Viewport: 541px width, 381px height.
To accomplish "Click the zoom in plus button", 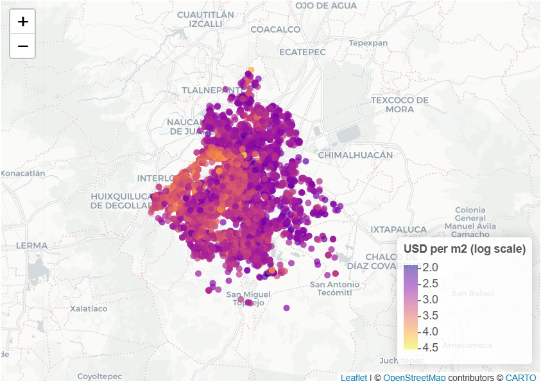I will click(x=22, y=22).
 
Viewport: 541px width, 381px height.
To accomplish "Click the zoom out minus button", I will click(x=22, y=46).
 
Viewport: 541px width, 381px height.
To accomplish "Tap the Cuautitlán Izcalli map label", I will click(x=205, y=19).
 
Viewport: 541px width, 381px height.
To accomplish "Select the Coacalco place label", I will click(x=275, y=30).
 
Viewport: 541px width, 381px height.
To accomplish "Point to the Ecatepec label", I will click(x=303, y=51).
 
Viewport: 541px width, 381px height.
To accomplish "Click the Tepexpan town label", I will click(x=368, y=43).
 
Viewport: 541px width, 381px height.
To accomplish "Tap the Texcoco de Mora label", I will click(x=399, y=105).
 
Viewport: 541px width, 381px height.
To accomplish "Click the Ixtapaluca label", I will click(x=398, y=229).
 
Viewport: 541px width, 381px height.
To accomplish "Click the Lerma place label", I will click(x=31, y=245).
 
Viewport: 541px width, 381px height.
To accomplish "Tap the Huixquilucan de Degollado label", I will click(x=122, y=201).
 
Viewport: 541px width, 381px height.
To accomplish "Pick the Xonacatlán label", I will click(x=23, y=173).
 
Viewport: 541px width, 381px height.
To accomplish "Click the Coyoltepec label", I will click(x=99, y=376).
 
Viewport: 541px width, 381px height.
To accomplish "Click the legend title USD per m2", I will click(x=464, y=250).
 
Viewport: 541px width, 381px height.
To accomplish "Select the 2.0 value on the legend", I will click(x=431, y=267).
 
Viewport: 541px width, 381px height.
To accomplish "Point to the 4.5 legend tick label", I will click(x=431, y=348).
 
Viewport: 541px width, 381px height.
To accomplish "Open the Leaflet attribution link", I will click(x=354, y=377).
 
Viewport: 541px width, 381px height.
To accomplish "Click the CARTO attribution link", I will click(x=520, y=377).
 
